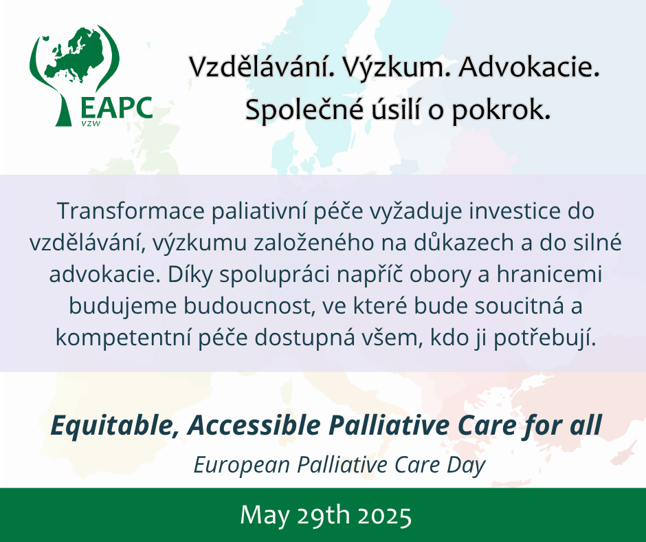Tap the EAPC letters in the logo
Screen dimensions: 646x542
click(x=117, y=108)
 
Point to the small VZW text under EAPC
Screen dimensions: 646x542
click(x=91, y=123)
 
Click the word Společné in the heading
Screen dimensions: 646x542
click(x=304, y=110)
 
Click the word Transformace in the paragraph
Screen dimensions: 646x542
click(x=131, y=210)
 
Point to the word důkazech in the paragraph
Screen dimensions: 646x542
click(x=463, y=243)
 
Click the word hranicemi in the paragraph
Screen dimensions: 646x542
click(x=549, y=274)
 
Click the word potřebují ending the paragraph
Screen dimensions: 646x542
click(x=545, y=338)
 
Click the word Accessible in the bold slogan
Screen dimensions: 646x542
click(x=254, y=425)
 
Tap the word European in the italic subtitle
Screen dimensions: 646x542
click(x=242, y=465)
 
